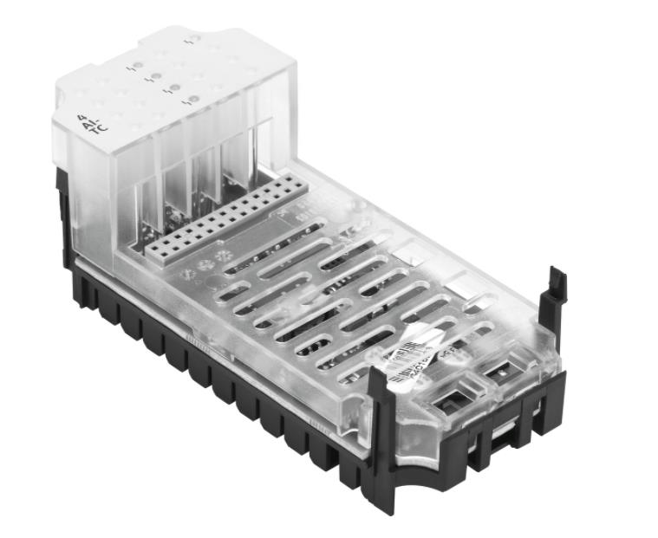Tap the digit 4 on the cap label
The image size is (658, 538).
tap(82, 116)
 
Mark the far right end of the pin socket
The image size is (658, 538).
tap(296, 186)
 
